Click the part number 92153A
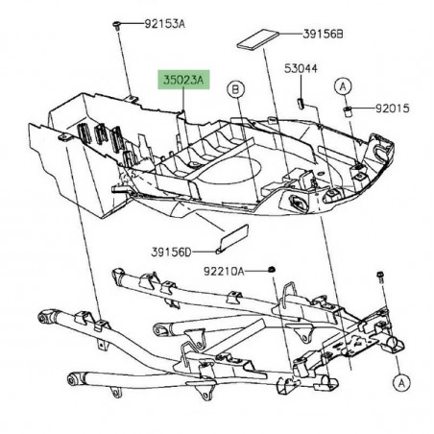(164, 24)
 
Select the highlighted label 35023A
(183, 80)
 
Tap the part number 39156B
(323, 34)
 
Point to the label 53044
(301, 68)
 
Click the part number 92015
(392, 108)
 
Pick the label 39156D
(171, 253)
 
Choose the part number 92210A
(224, 272)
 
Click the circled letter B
(235, 89)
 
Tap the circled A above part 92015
(343, 86)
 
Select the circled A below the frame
(401, 382)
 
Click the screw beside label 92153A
(116, 25)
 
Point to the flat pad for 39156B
(258, 39)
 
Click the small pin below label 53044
(301, 104)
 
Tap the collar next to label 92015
(347, 111)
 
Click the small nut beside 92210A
(272, 269)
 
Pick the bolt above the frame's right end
(380, 277)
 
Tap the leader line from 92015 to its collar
(363, 108)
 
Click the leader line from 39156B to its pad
(291, 34)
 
